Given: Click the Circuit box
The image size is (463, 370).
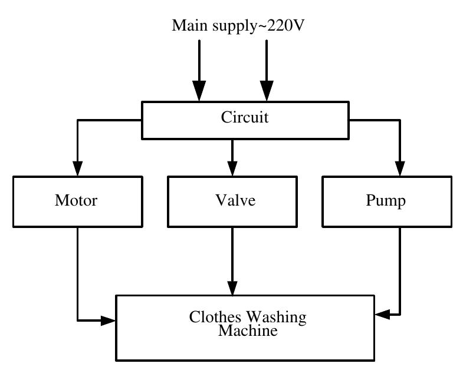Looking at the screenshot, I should (x=245, y=120).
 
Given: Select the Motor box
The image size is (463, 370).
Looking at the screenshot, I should (x=76, y=201).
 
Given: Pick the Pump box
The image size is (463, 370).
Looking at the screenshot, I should (x=386, y=201).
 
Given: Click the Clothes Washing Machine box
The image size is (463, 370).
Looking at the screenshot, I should (x=245, y=328).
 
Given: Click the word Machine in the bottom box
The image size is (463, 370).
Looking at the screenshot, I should (x=248, y=331).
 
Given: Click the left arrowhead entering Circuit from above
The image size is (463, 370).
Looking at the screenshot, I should (x=199, y=92).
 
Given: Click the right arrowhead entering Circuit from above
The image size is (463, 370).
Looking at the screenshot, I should (x=267, y=92).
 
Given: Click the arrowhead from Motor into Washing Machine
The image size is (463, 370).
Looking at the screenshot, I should (x=108, y=321).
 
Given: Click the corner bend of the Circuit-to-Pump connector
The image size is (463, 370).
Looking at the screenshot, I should (x=400, y=120).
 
